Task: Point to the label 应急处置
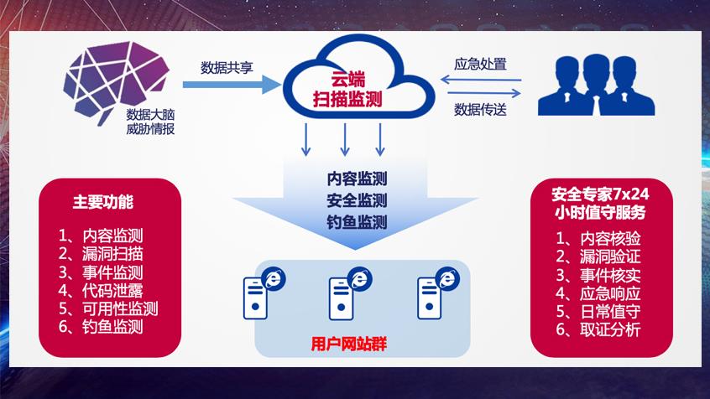pyautogui.click(x=480, y=64)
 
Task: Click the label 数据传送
pyautogui.click(x=480, y=109)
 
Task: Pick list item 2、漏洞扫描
pyautogui.click(x=101, y=253)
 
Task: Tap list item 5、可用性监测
pyautogui.click(x=108, y=308)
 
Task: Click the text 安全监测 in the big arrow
pyautogui.click(x=357, y=200)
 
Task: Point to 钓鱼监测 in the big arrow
pyautogui.click(x=357, y=222)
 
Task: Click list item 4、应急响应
pyautogui.click(x=598, y=293)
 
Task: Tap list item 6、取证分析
pyautogui.click(x=598, y=330)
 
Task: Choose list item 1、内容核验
pyautogui.click(x=598, y=237)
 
